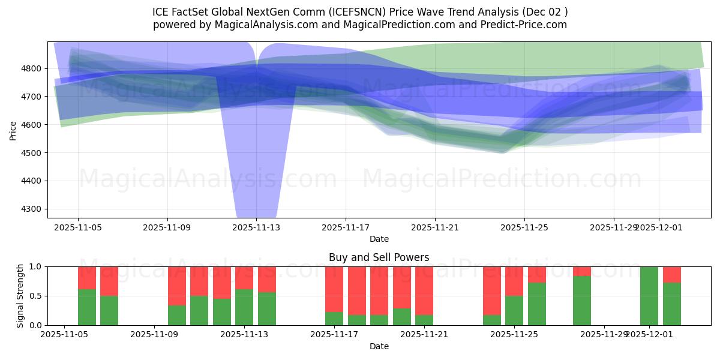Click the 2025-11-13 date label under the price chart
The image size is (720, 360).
(x=256, y=227)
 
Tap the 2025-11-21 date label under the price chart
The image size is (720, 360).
(x=435, y=227)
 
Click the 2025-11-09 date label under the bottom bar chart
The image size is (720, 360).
(x=155, y=335)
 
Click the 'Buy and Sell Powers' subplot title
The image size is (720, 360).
(x=379, y=257)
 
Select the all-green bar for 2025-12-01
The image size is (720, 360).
(x=649, y=296)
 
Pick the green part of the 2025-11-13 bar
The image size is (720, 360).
(x=244, y=307)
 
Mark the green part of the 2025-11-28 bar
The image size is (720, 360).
(x=582, y=301)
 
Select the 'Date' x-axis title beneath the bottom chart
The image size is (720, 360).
(x=379, y=346)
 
